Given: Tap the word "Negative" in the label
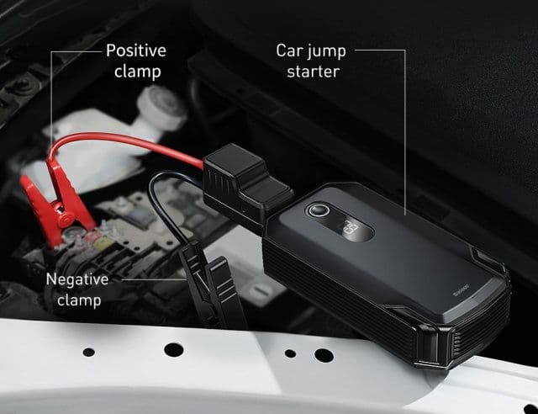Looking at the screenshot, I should click(77, 280).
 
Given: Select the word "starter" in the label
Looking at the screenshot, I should click(313, 72).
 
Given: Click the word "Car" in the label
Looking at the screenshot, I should click(290, 50).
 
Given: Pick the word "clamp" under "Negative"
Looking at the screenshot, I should click(77, 301).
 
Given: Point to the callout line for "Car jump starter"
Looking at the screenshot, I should click(406, 126).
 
